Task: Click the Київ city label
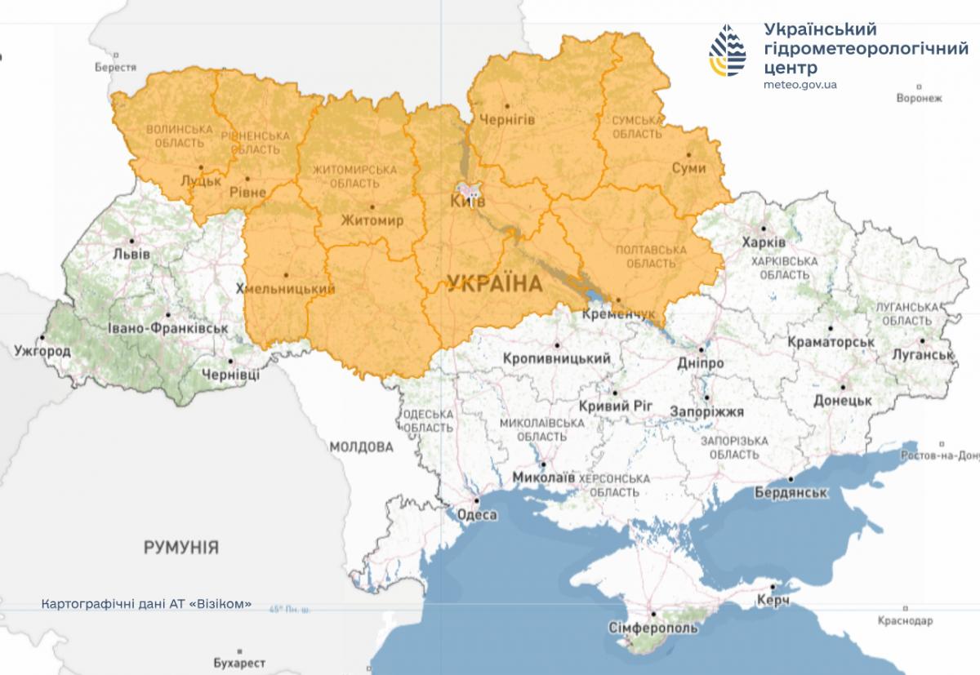coord(469,201)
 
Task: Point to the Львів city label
coord(132,253)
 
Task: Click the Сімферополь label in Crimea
coord(653,628)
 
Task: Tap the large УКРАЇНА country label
coord(495,284)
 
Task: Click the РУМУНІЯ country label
coord(181,547)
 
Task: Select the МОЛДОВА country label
coord(362,447)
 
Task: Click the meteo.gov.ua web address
coord(800,84)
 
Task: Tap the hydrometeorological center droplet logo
coord(728,50)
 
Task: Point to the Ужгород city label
coord(42,352)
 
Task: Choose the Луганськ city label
coord(924,355)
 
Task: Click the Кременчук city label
coord(620,313)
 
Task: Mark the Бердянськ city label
coord(791,493)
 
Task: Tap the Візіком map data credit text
coord(146,605)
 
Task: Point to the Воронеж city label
coord(919,98)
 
